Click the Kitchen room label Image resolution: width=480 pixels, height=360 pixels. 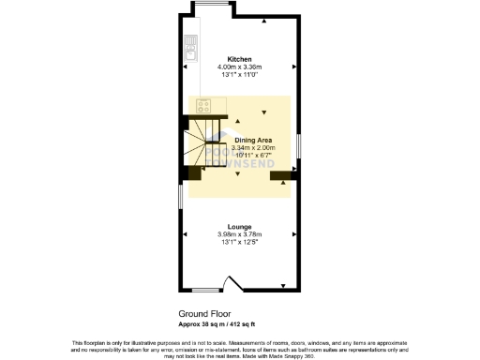tap(239, 59)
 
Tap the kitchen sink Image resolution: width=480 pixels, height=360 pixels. tap(189, 46)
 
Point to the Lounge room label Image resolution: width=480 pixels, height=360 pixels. tap(239, 227)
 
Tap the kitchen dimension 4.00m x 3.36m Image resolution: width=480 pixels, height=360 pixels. tap(239, 67)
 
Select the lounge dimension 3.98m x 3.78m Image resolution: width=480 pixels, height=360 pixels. tap(239, 234)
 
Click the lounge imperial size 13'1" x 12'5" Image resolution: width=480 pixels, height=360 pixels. tap(239, 242)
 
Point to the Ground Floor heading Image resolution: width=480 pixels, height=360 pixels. tap(204, 314)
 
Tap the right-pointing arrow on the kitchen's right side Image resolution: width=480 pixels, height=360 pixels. tap(293, 67)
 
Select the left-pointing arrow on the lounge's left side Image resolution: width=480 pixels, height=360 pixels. tap(186, 234)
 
